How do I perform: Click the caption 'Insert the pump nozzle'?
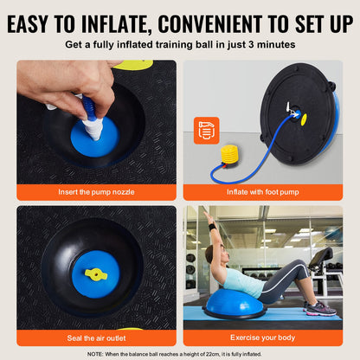click(x=95, y=192)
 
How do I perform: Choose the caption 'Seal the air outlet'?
click(x=95, y=337)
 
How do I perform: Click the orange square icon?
click(x=206, y=131)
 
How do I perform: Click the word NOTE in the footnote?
click(x=97, y=354)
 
